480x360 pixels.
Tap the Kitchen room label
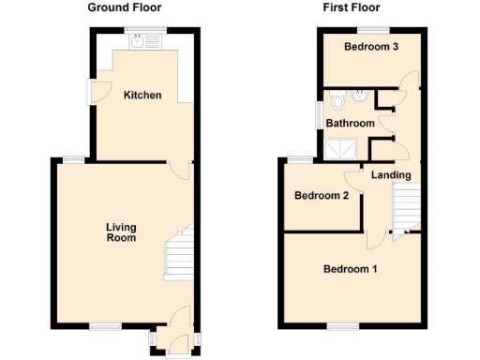click(142, 96)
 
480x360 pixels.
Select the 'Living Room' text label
click(121, 232)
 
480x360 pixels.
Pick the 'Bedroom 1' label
click(350, 270)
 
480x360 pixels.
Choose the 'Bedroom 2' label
click(322, 196)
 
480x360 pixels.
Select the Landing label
click(390, 175)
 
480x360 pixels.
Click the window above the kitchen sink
click(149, 28)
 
